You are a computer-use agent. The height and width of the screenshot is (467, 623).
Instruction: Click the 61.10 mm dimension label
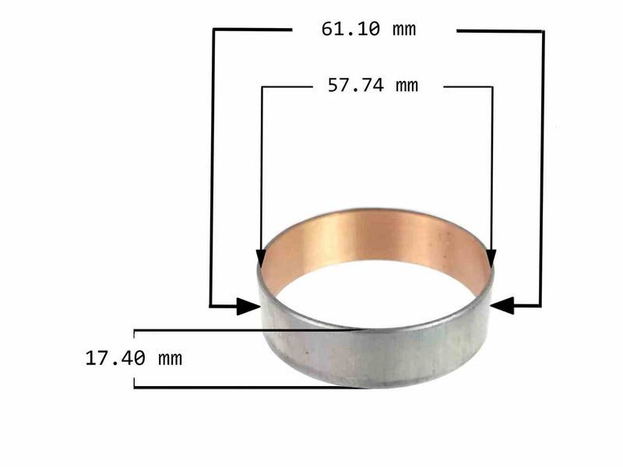tap(368, 30)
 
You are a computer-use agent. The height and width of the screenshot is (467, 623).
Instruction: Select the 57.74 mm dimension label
tap(372, 86)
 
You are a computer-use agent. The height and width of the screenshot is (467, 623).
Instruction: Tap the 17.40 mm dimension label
tap(133, 359)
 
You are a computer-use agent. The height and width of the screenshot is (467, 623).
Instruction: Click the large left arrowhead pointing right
tap(248, 306)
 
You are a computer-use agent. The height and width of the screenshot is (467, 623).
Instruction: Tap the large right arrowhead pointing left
tap(502, 306)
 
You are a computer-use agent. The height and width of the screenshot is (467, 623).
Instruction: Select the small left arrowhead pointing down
tap(261, 258)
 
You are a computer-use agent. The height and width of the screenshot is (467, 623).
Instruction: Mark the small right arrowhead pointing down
tap(491, 258)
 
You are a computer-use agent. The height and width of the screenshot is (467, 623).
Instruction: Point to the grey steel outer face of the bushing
tap(374, 354)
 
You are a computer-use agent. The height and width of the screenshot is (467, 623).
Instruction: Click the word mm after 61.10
tap(404, 30)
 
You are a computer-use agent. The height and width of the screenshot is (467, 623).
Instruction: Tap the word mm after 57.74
tap(407, 86)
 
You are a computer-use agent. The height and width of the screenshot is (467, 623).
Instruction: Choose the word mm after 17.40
tap(170, 359)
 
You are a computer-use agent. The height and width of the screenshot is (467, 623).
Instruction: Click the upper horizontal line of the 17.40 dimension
tap(234, 330)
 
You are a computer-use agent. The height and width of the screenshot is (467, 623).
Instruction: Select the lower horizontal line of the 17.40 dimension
tap(234, 387)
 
